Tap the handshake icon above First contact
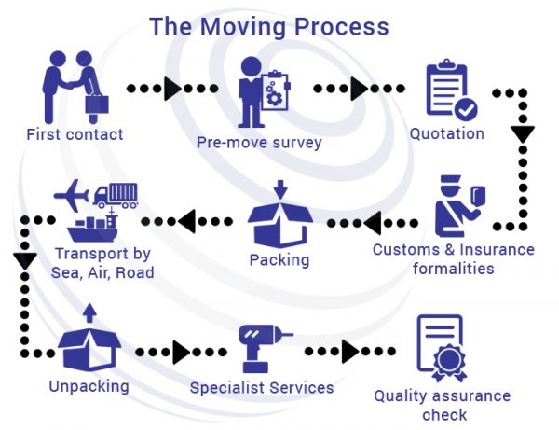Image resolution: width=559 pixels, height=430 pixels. pyautogui.click(x=76, y=86)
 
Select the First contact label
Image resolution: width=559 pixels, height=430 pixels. pyautogui.click(x=75, y=134)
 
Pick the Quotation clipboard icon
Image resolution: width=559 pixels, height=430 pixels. pyautogui.click(x=451, y=91)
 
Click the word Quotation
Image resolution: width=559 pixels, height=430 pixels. pyautogui.click(x=447, y=133)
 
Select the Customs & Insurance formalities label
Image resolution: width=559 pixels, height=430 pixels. pyautogui.click(x=453, y=258)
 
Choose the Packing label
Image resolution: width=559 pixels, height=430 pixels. pyautogui.click(x=279, y=258)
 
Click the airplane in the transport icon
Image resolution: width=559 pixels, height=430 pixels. pyautogui.click(x=75, y=195)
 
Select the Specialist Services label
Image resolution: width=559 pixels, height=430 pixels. pyautogui.click(x=262, y=386)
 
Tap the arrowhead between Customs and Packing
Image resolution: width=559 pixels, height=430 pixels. pyautogui.click(x=371, y=222)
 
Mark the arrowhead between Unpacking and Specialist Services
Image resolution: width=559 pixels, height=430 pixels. pyautogui.click(x=181, y=352)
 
